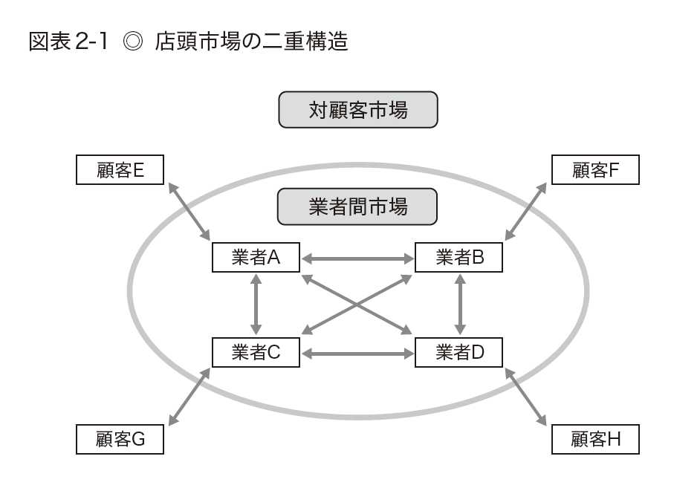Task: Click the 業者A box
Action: pyautogui.click(x=256, y=258)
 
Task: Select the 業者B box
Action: pyautogui.click(x=459, y=258)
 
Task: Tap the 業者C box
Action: pyautogui.click(x=256, y=352)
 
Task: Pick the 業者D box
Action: pyautogui.click(x=459, y=352)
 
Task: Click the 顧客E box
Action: pyautogui.click(x=120, y=171)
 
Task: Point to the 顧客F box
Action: pyautogui.click(x=595, y=171)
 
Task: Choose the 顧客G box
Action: pyautogui.click(x=120, y=440)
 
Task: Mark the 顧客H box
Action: pyautogui.click(x=595, y=440)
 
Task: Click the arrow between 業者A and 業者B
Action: pyautogui.click(x=357, y=258)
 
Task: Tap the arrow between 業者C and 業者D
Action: pyautogui.click(x=357, y=353)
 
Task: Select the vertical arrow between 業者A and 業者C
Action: pyautogui.click(x=256, y=305)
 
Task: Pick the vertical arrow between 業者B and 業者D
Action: pyautogui.click(x=460, y=305)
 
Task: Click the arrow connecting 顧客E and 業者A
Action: pyautogui.click(x=189, y=211)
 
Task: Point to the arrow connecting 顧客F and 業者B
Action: pyautogui.click(x=525, y=211)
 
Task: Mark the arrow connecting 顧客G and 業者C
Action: pyautogui.click(x=189, y=397)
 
